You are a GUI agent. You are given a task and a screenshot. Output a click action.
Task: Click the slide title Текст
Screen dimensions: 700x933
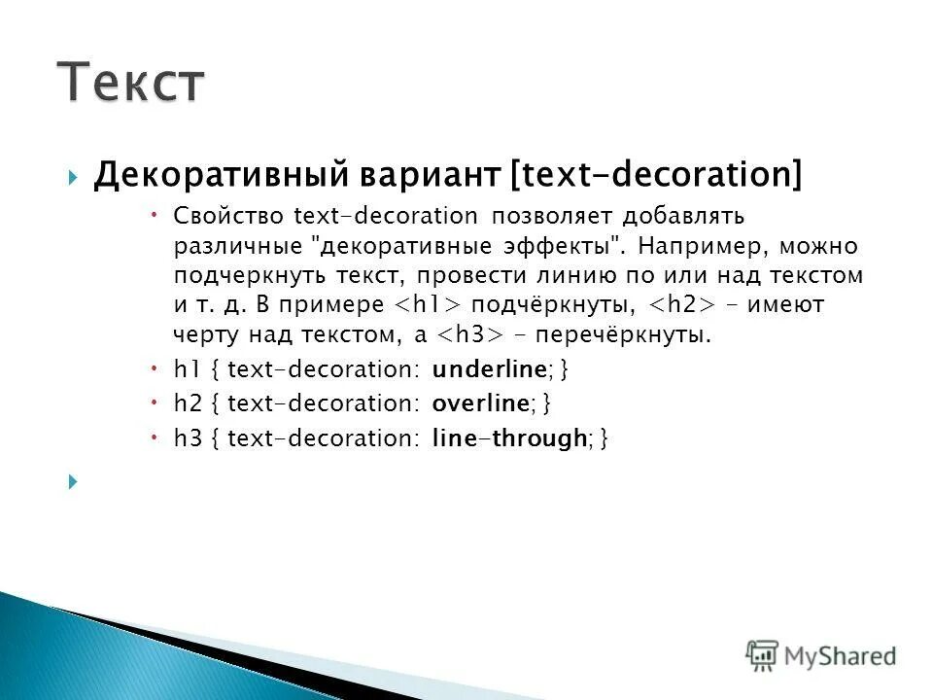pyautogui.click(x=130, y=82)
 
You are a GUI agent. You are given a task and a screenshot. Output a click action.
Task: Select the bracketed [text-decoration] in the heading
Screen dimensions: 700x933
pyautogui.click(x=656, y=175)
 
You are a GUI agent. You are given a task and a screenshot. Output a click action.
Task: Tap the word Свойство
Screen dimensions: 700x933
pyautogui.click(x=227, y=215)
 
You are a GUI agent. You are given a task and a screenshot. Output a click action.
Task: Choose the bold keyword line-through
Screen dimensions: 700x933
pyautogui.click(x=508, y=438)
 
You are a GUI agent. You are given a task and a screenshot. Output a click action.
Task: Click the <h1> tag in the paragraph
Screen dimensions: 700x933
pyautogui.click(x=426, y=305)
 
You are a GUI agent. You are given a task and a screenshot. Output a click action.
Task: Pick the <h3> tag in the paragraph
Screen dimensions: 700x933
pyautogui.click(x=467, y=335)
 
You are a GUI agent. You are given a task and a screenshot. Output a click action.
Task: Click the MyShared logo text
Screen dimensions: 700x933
pyautogui.click(x=840, y=655)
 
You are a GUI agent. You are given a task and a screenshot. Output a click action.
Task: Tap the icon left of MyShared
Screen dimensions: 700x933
pyautogui.click(x=762, y=655)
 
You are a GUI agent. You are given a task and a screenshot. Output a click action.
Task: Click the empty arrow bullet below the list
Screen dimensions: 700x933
pyautogui.click(x=74, y=481)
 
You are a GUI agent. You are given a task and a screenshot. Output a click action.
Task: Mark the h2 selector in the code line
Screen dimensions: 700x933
pyautogui.click(x=185, y=402)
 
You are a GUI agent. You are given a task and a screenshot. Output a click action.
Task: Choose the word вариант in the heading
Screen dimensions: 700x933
pyautogui.click(x=409, y=175)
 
